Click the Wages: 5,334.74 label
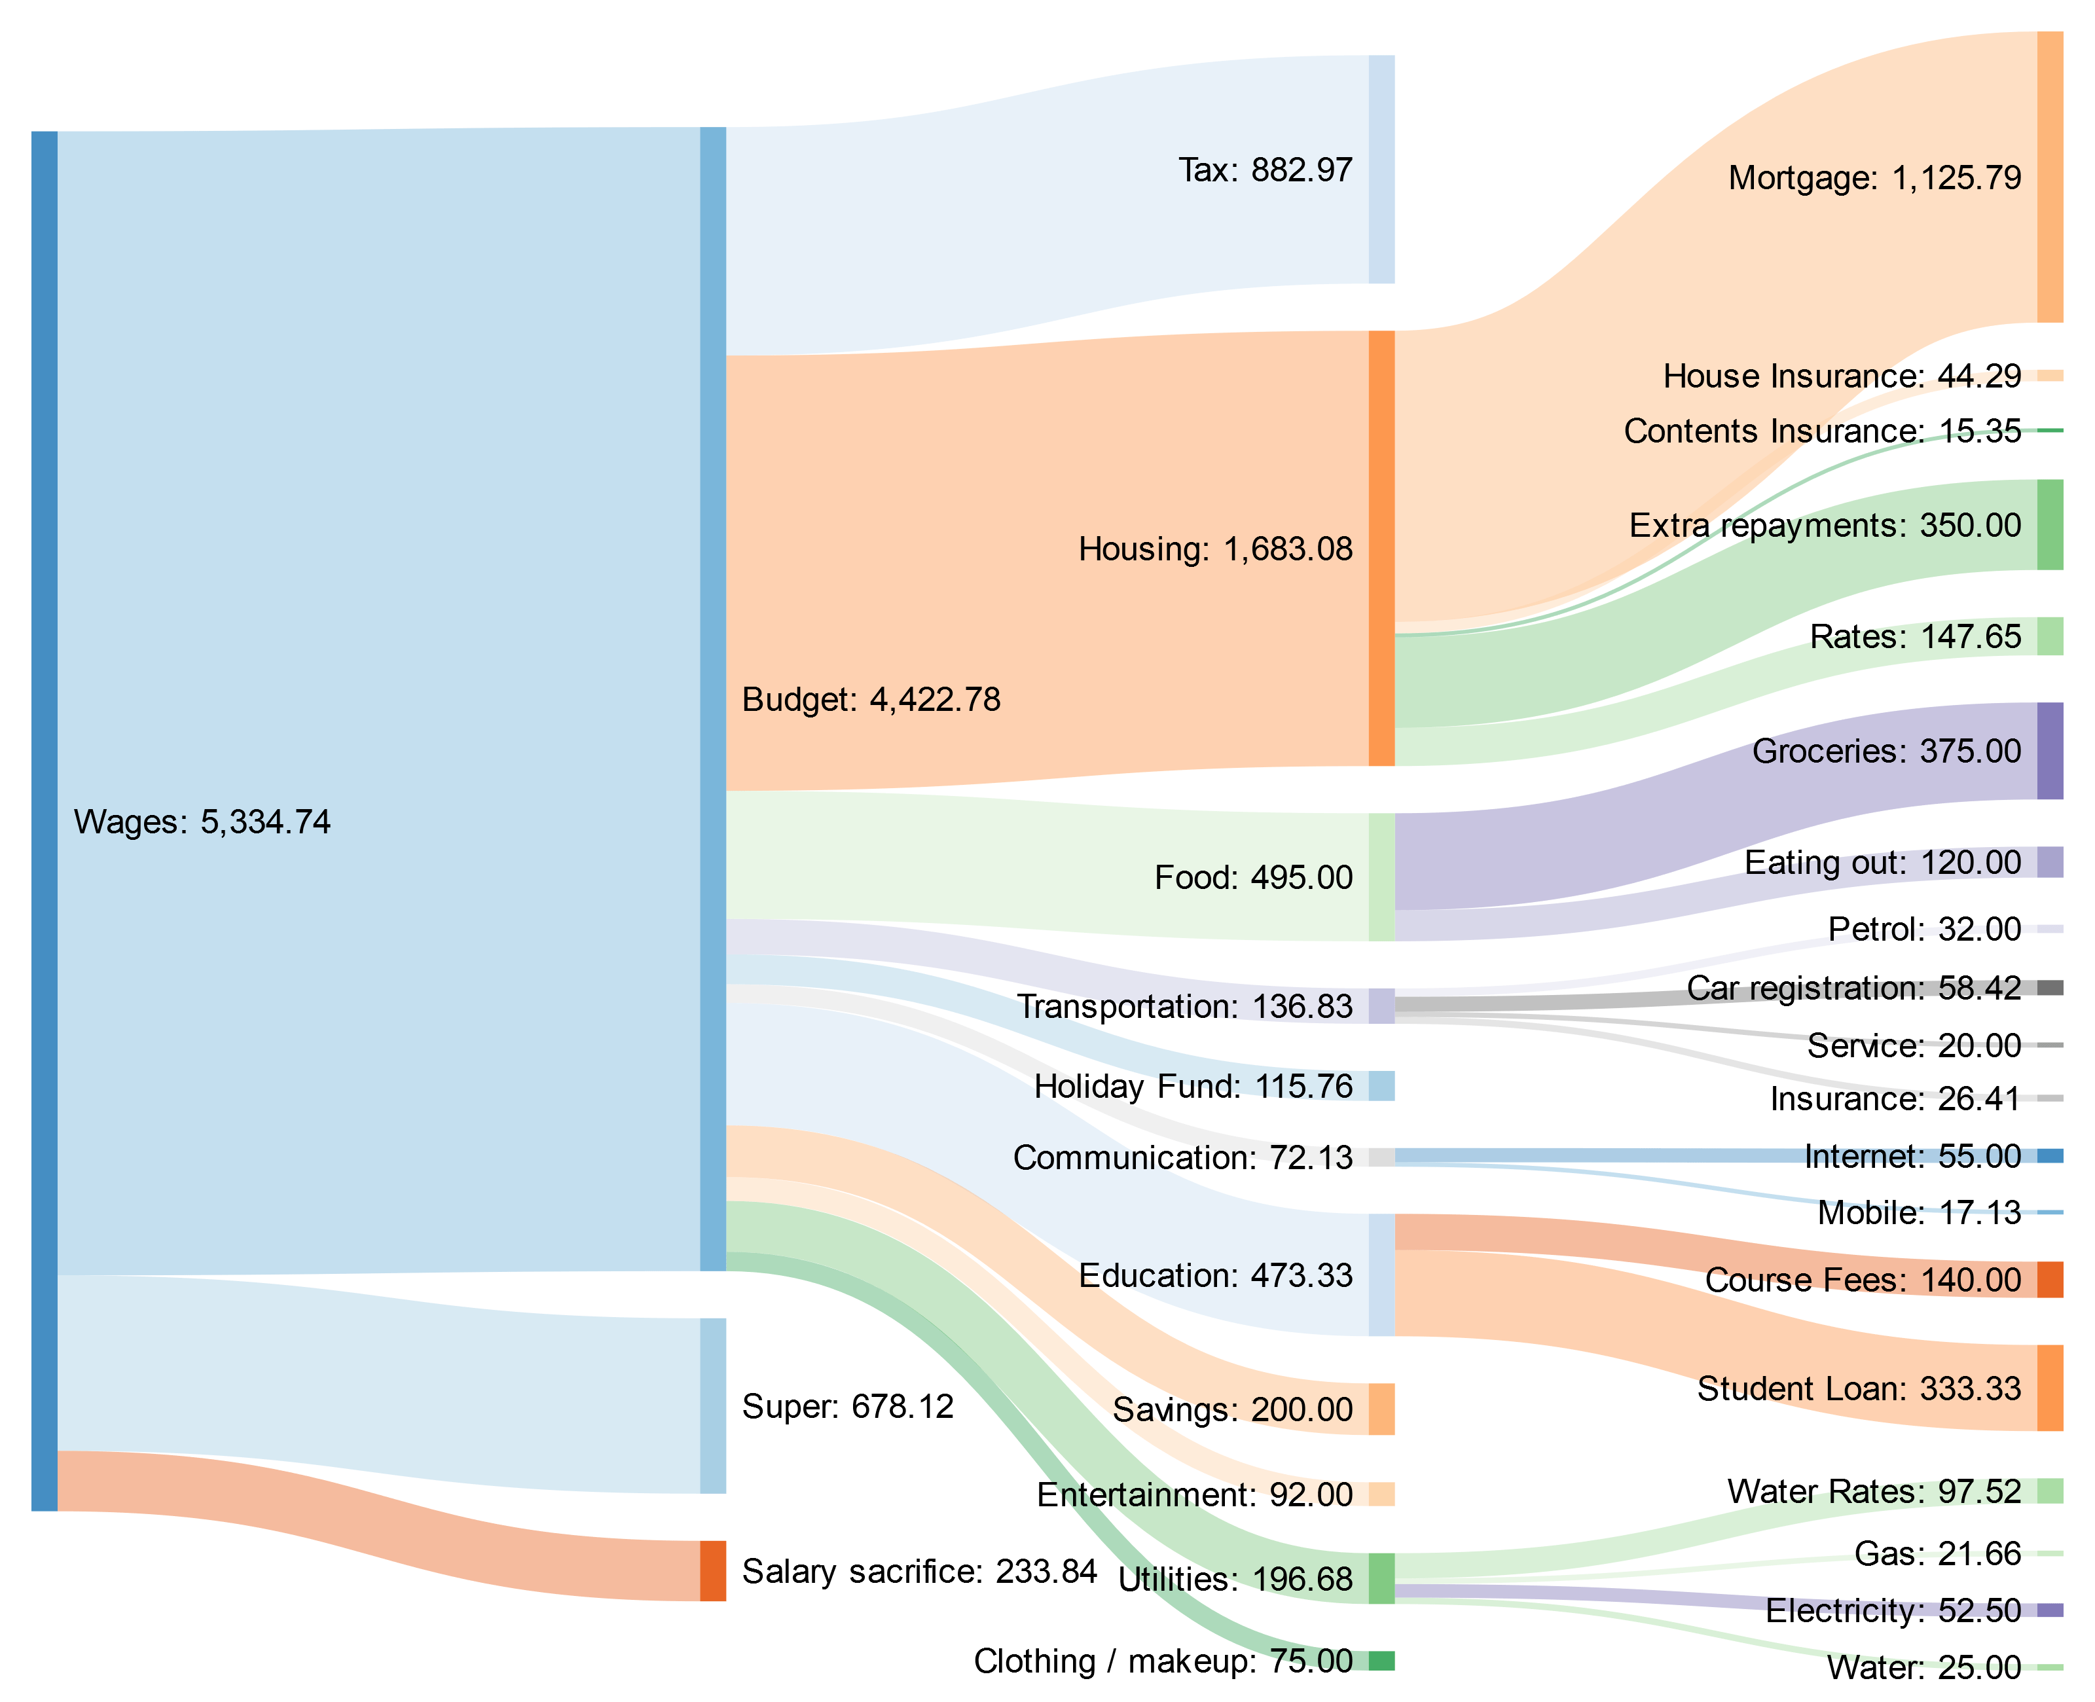pyautogui.click(x=202, y=822)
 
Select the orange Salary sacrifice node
pyautogui.click(x=713, y=1570)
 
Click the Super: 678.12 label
pyautogui.click(x=847, y=1406)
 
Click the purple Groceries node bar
pyautogui.click(x=2050, y=751)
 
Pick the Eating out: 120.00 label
pyautogui.click(x=1882, y=863)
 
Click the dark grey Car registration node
pyautogui.click(x=2050, y=987)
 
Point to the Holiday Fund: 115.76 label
pyautogui.click(x=1193, y=1086)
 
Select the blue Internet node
pyautogui.click(x=2050, y=1156)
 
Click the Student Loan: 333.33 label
pyautogui.click(x=1859, y=1388)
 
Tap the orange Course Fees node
pyautogui.click(x=2050, y=1279)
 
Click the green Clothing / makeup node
pyautogui.click(x=1381, y=1661)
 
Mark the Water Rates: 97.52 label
pyautogui.click(x=1874, y=1491)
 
